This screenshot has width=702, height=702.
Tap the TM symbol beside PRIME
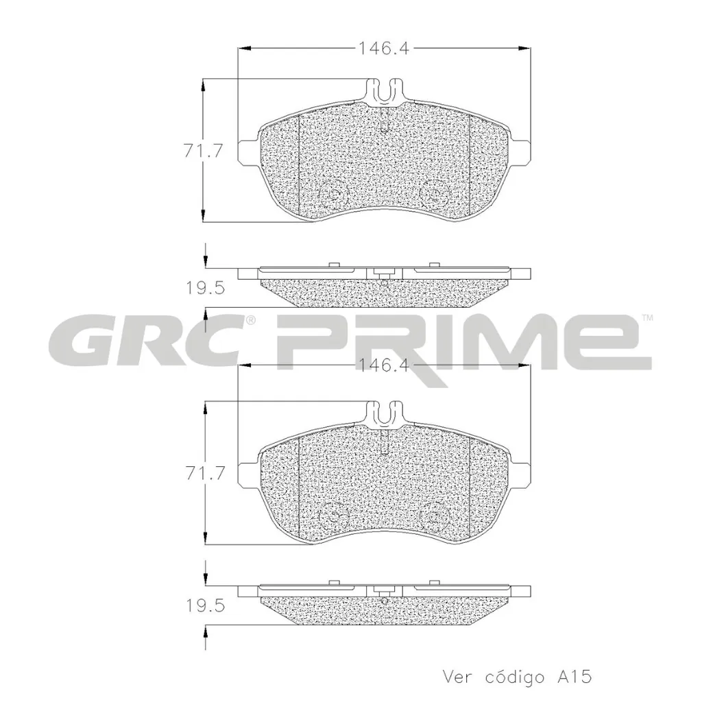tap(647, 317)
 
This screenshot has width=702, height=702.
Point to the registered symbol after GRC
tap(251, 320)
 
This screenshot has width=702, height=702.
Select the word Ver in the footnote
tap(459, 677)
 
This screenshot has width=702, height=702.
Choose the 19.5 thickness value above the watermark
tap(205, 289)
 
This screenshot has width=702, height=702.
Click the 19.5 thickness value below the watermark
tap(205, 606)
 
